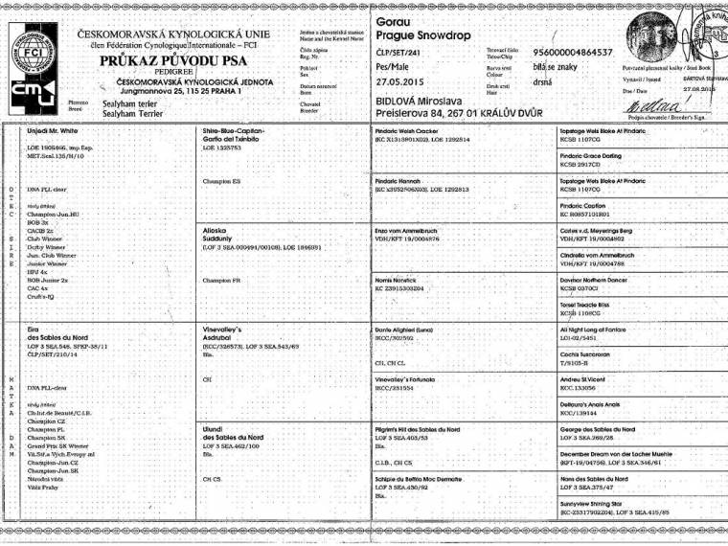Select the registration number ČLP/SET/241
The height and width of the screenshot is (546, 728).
(404, 52)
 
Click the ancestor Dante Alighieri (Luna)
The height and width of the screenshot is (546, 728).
(413, 329)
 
